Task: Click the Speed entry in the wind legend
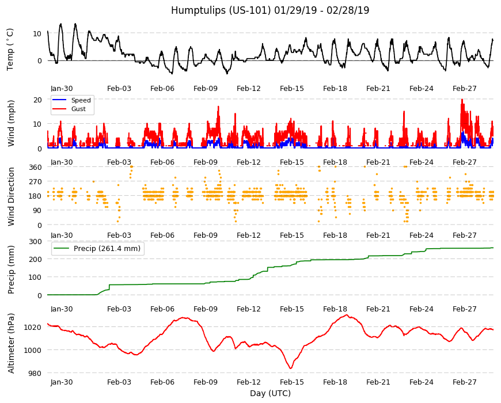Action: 81,100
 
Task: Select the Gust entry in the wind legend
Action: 78,109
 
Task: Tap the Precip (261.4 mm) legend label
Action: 107,249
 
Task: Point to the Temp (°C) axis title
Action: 10,49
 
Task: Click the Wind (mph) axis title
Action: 11,123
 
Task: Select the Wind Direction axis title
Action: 11,196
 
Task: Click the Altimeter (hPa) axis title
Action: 11,343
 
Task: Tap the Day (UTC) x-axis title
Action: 270,393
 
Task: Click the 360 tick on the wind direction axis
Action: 35,167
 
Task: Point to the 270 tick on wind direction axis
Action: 35,182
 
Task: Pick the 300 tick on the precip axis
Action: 35,241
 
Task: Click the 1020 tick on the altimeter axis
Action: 33,328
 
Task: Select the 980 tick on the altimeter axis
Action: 35,373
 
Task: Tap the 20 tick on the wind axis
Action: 37,100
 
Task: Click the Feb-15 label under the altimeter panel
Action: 292,382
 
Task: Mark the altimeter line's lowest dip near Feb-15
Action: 290,368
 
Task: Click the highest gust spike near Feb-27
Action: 462,100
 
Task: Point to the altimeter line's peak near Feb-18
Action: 346,315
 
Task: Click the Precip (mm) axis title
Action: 11,270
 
